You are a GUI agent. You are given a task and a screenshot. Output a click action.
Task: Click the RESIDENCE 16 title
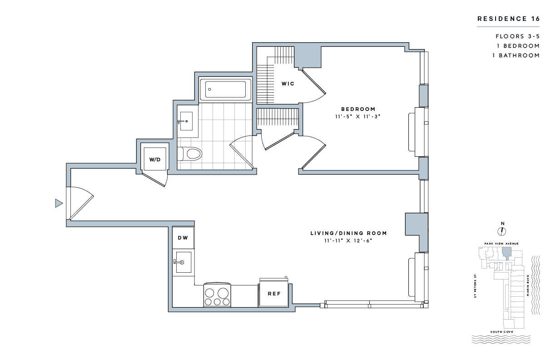click(508, 19)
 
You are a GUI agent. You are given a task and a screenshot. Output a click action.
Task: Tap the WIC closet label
click(288, 84)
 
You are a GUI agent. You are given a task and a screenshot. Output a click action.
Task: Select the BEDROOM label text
click(358, 109)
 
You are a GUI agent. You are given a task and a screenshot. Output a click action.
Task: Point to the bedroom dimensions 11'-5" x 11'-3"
click(357, 116)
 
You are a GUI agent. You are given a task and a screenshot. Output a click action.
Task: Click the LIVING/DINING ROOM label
click(348, 233)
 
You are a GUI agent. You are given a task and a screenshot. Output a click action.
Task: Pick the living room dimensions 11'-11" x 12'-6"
click(348, 241)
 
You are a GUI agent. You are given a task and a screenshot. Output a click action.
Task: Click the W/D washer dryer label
click(155, 160)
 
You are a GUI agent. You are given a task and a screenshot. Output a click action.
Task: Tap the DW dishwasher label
click(183, 238)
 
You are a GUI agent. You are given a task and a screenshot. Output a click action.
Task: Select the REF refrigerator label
click(274, 294)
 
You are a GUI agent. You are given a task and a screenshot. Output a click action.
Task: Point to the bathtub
click(226, 90)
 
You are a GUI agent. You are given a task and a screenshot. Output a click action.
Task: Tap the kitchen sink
click(184, 262)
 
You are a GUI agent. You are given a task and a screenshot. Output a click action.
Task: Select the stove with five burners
click(217, 295)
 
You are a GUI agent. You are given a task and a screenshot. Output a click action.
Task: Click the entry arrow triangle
click(59, 203)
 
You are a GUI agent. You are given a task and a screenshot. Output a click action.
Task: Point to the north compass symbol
click(501, 231)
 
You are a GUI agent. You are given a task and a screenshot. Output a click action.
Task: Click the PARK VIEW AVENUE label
click(501, 244)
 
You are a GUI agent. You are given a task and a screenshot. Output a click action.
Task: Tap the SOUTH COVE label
click(501, 332)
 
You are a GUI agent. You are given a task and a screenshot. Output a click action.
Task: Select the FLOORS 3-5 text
click(518, 36)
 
